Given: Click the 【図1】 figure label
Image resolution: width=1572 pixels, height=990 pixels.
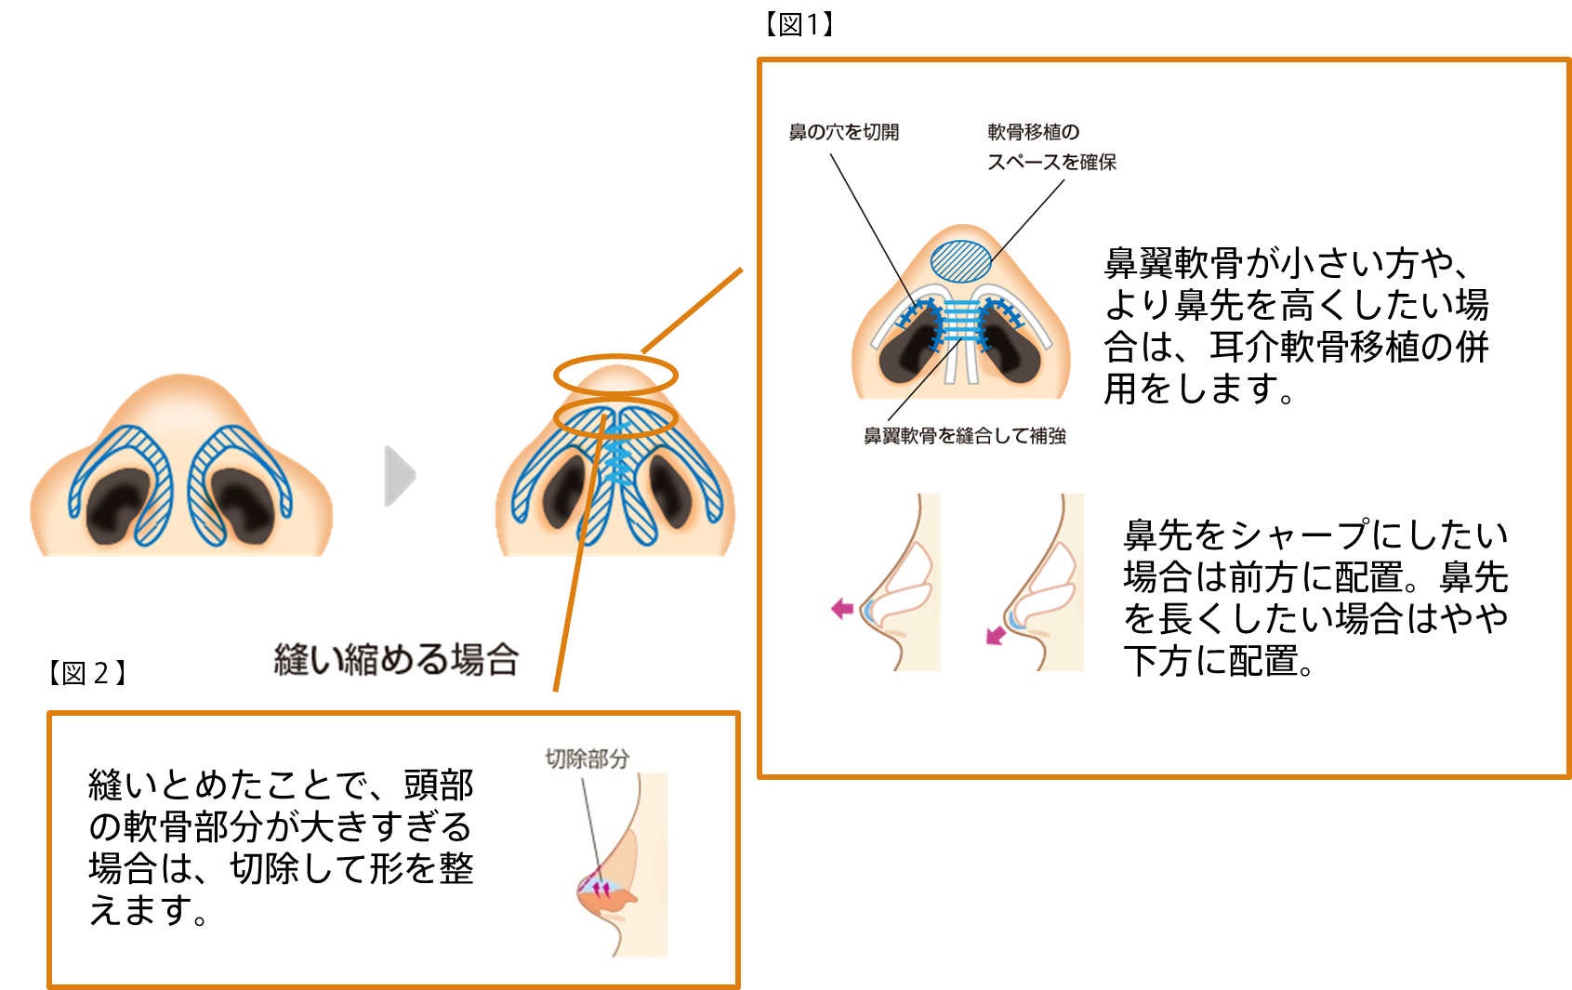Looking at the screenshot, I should [799, 25].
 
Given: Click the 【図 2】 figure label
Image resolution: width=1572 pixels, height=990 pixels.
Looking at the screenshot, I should [87, 673].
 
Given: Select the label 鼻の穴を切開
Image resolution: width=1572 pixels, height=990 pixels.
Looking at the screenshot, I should [843, 132].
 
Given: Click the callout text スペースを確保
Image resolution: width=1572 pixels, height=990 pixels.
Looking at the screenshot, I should [1051, 163].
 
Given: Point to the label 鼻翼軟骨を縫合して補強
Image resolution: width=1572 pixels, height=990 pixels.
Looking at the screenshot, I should [964, 436].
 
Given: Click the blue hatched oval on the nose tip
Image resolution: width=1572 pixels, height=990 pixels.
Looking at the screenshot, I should [961, 261].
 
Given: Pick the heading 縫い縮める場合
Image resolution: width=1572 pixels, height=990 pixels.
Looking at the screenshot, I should [396, 660].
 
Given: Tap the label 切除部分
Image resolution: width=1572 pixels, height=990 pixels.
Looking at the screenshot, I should [587, 759].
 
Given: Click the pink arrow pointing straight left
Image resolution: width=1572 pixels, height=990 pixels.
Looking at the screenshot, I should [843, 609].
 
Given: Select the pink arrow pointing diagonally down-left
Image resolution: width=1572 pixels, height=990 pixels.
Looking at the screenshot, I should [995, 636].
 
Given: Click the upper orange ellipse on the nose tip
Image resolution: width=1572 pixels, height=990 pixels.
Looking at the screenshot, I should [614, 375].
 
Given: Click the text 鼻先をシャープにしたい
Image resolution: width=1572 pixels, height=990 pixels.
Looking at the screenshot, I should [1314, 535].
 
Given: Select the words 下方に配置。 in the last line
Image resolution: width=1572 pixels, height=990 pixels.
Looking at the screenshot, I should [1219, 661].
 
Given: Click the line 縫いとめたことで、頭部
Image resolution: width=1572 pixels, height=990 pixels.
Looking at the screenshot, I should [281, 785].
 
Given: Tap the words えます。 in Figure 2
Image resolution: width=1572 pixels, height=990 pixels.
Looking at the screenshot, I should [149, 910].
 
